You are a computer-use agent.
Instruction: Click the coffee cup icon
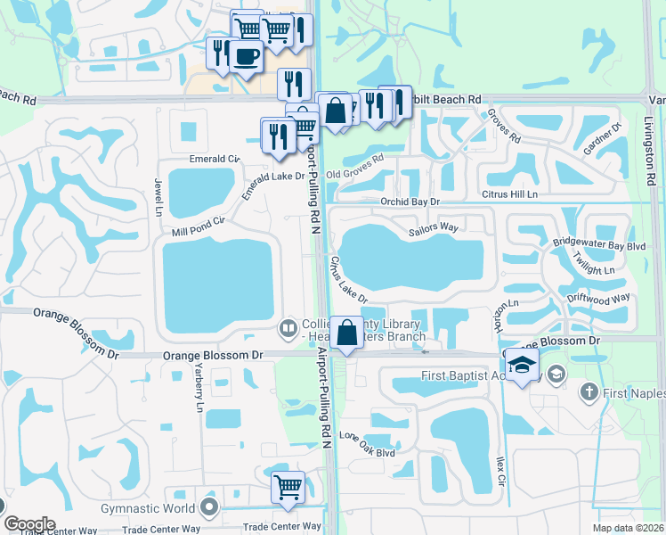(247, 55)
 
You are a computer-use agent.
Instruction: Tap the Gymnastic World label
(149, 508)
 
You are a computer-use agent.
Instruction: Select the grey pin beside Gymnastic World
(210, 508)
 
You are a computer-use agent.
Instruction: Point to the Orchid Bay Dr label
(410, 202)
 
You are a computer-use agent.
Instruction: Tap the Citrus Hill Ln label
(508, 193)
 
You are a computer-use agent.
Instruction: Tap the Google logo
(29, 524)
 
